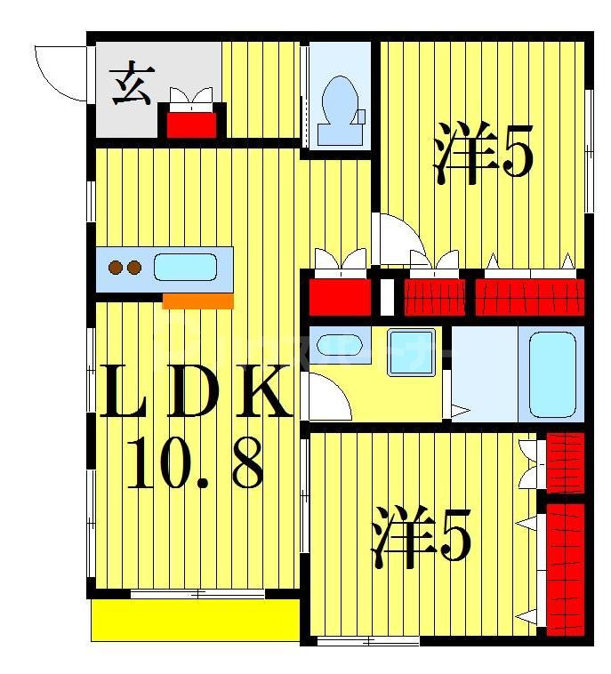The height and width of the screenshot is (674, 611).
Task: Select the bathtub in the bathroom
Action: [552, 373]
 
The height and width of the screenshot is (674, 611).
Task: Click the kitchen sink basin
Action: [185, 267]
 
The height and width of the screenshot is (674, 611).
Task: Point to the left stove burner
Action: [115, 267]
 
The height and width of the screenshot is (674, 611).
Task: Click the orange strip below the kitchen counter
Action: [197, 301]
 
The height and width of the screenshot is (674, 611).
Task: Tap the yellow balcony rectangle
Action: [195, 619]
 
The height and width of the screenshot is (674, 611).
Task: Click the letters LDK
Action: [195, 394]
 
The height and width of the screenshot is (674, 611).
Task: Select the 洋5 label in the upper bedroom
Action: [484, 156]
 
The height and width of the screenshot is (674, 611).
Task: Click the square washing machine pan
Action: [411, 352]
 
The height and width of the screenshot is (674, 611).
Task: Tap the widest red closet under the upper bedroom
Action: [530, 296]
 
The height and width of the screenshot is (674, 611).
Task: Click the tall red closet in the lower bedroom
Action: [566, 565]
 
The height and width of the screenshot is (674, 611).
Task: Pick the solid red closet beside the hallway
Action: [340, 296]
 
